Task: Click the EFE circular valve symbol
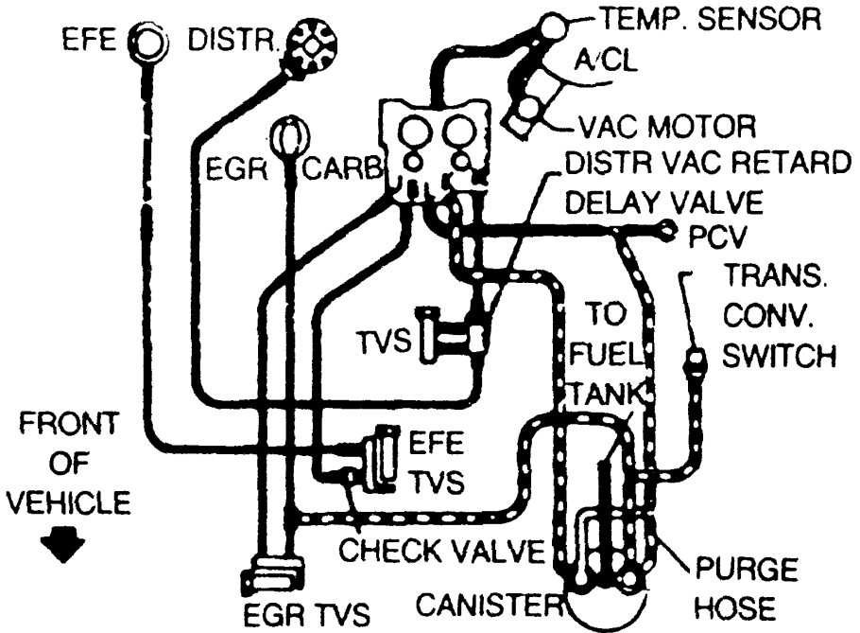148,43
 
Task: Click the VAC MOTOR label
672,124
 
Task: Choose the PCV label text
710,232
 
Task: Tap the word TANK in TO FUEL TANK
608,392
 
